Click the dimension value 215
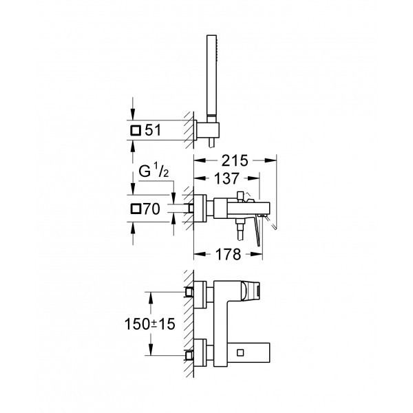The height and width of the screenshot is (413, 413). click(235, 160)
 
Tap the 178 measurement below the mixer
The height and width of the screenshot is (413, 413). click(228, 255)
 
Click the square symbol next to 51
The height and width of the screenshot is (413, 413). click(136, 129)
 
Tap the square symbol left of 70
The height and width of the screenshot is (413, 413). click(136, 209)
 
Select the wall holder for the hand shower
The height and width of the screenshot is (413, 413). click(206, 130)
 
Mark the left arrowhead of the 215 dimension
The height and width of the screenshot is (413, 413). click(197, 160)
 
